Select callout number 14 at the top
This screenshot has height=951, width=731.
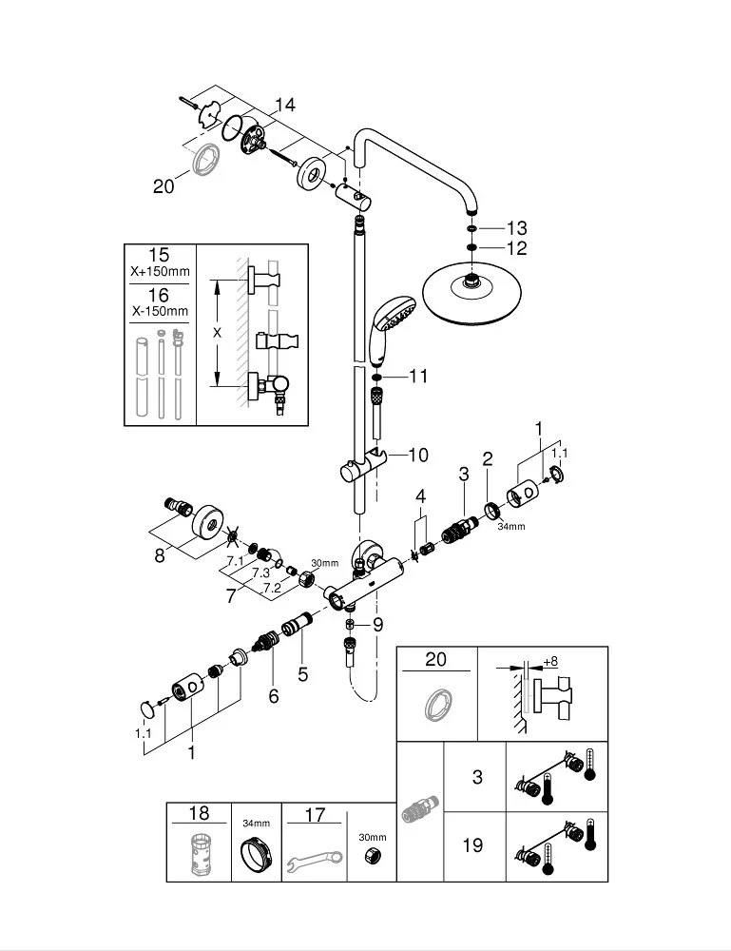[285, 105]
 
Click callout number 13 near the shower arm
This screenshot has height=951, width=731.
[516, 228]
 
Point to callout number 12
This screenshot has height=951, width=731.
[516, 248]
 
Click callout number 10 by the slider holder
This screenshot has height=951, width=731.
[417, 456]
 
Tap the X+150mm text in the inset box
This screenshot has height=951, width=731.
[159, 272]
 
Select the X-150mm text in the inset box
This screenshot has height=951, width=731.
[159, 310]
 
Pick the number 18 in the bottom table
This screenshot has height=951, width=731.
[199, 813]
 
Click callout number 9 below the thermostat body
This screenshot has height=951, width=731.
[377, 626]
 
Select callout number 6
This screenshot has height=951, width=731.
[274, 696]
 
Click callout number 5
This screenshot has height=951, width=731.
[303, 674]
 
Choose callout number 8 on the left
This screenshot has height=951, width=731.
[160, 556]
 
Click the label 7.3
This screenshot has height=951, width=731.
[260, 573]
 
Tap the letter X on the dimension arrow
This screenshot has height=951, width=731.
[218, 333]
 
